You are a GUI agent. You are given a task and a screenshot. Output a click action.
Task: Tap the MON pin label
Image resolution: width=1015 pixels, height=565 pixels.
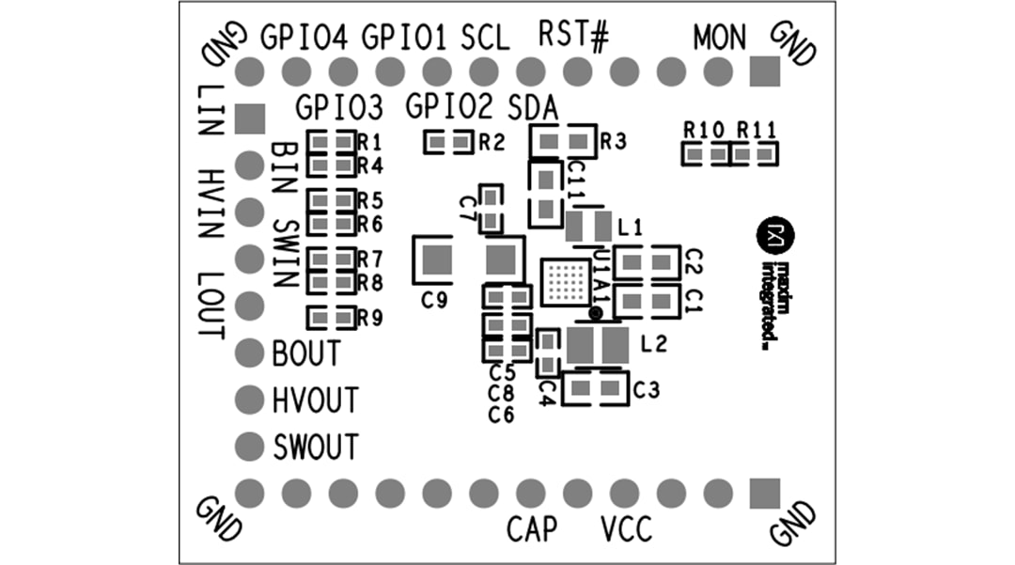coord(719,38)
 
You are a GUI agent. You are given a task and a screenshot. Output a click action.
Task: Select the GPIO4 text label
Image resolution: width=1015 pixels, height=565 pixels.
coord(304,38)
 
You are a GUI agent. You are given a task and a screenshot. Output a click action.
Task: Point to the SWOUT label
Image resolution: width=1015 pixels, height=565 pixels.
coord(316,447)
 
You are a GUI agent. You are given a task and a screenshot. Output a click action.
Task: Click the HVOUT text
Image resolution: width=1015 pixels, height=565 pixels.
coord(316,400)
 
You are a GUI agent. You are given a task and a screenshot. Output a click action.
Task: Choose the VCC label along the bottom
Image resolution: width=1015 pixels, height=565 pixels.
coord(625,529)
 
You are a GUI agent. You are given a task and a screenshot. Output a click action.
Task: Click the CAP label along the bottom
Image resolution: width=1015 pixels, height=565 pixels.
coord(531,529)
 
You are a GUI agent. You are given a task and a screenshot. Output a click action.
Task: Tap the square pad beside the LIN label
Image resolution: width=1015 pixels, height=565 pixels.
coord(249,118)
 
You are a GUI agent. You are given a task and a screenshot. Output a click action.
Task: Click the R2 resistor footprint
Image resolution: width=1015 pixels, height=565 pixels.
coord(448,142)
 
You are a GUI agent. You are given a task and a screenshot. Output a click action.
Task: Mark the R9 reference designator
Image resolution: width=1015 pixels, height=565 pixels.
coord(370,318)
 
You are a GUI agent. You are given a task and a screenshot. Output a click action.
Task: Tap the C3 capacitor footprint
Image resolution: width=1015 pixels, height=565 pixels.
coord(595,387)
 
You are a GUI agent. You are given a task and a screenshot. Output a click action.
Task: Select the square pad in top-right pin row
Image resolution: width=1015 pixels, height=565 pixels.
coord(765,71)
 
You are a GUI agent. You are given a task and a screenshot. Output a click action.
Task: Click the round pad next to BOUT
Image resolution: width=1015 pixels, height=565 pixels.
coord(249,353)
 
